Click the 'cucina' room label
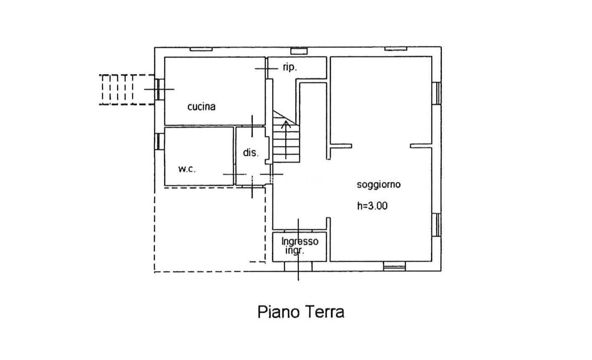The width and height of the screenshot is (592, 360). pyautogui.click(x=201, y=106)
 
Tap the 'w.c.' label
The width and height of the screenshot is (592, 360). pyautogui.click(x=187, y=169)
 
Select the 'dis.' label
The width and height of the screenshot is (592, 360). pyautogui.click(x=251, y=152)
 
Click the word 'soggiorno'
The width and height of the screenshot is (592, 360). pyautogui.click(x=379, y=184)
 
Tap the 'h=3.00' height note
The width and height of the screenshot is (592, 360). pyautogui.click(x=372, y=206)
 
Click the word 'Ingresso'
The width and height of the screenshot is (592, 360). pyautogui.click(x=300, y=242)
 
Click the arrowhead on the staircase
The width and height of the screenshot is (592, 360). pyautogui.click(x=286, y=123)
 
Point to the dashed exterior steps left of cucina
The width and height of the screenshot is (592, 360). pyautogui.click(x=126, y=89)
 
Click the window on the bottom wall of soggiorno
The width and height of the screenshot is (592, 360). pyautogui.click(x=394, y=266)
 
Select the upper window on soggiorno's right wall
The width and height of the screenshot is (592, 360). pyautogui.click(x=436, y=93)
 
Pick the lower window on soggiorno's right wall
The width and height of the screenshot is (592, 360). pyautogui.click(x=436, y=224)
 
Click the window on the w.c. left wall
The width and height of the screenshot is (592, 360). pyautogui.click(x=159, y=141)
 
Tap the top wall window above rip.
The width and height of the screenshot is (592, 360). pyautogui.click(x=299, y=51)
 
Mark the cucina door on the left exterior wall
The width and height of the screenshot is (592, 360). pyautogui.click(x=159, y=89)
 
